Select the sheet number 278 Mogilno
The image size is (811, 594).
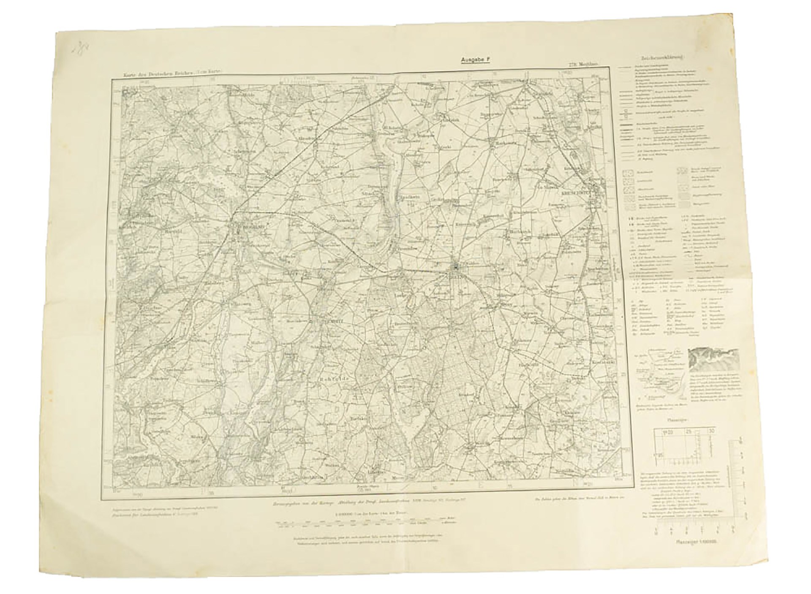[x=582, y=64]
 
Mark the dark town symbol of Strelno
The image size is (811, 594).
[x=457, y=267]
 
